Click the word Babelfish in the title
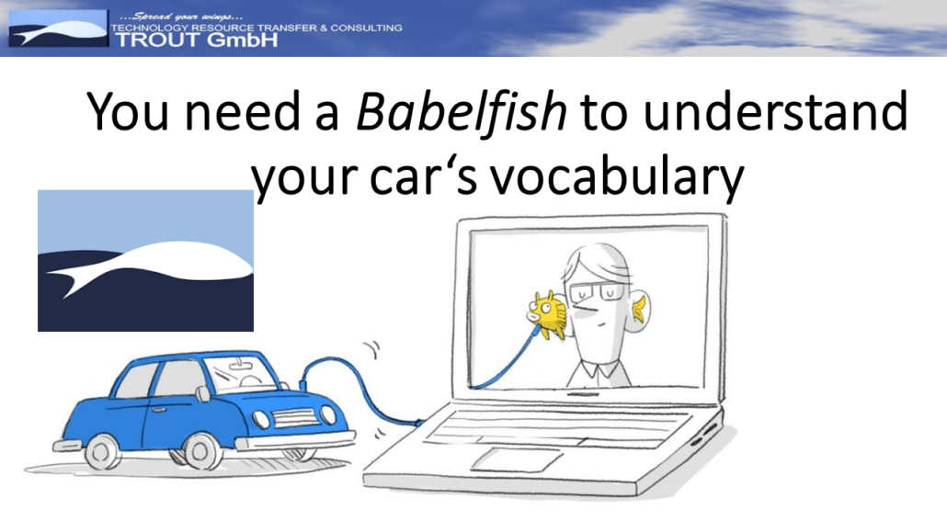pyautogui.click(x=462, y=112)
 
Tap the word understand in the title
pyautogui.click(x=775, y=111)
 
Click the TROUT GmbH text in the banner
pyautogui.click(x=197, y=40)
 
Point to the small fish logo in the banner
pyautogui.click(x=58, y=28)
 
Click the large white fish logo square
pyautogui.click(x=145, y=261)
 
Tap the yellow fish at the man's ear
pyautogui.click(x=547, y=313)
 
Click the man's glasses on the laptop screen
pyautogui.click(x=598, y=293)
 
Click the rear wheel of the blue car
pyautogui.click(x=103, y=451)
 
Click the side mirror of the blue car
pyautogui.click(x=203, y=393)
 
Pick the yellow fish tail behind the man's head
pyautogui.click(x=638, y=308)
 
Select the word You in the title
pyautogui.click(x=128, y=111)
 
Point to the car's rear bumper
pyautogui.click(x=66, y=447)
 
